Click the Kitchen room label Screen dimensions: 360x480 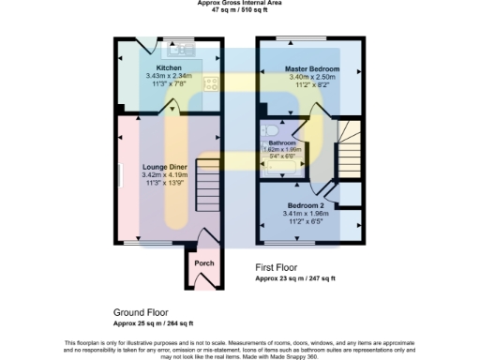170,68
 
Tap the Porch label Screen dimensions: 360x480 203,263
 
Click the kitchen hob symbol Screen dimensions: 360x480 212,82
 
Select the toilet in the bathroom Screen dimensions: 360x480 269,131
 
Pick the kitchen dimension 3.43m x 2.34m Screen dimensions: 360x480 170,77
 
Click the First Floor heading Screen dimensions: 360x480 281,268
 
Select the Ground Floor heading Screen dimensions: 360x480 140,312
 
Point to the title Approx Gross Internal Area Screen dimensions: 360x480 240,3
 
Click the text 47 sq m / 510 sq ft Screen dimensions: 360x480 240,11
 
